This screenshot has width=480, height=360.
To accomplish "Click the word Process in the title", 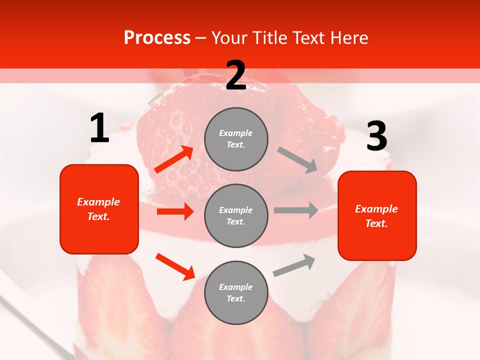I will (157, 38).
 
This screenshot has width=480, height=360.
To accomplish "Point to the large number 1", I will (99, 128).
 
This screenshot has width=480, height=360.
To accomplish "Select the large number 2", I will (236, 75).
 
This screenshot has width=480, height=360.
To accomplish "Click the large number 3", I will (376, 136).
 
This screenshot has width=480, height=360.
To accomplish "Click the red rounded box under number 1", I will (99, 209).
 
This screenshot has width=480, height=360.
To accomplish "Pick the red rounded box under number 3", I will (377, 215).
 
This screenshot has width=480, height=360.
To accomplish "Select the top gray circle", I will (236, 139).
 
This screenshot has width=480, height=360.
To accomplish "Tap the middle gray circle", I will (236, 215).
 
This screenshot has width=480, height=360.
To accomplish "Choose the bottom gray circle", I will (236, 292).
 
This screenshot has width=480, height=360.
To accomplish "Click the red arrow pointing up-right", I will (174, 159).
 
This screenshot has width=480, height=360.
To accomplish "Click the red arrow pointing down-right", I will (175, 266).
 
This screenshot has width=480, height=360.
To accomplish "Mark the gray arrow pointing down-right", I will (297, 160).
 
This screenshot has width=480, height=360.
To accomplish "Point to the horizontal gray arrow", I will (296, 210).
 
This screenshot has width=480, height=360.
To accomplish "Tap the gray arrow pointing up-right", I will (294, 265).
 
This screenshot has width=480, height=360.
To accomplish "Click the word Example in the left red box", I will (98, 202).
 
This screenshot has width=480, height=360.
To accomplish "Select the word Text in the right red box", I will (376, 223).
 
